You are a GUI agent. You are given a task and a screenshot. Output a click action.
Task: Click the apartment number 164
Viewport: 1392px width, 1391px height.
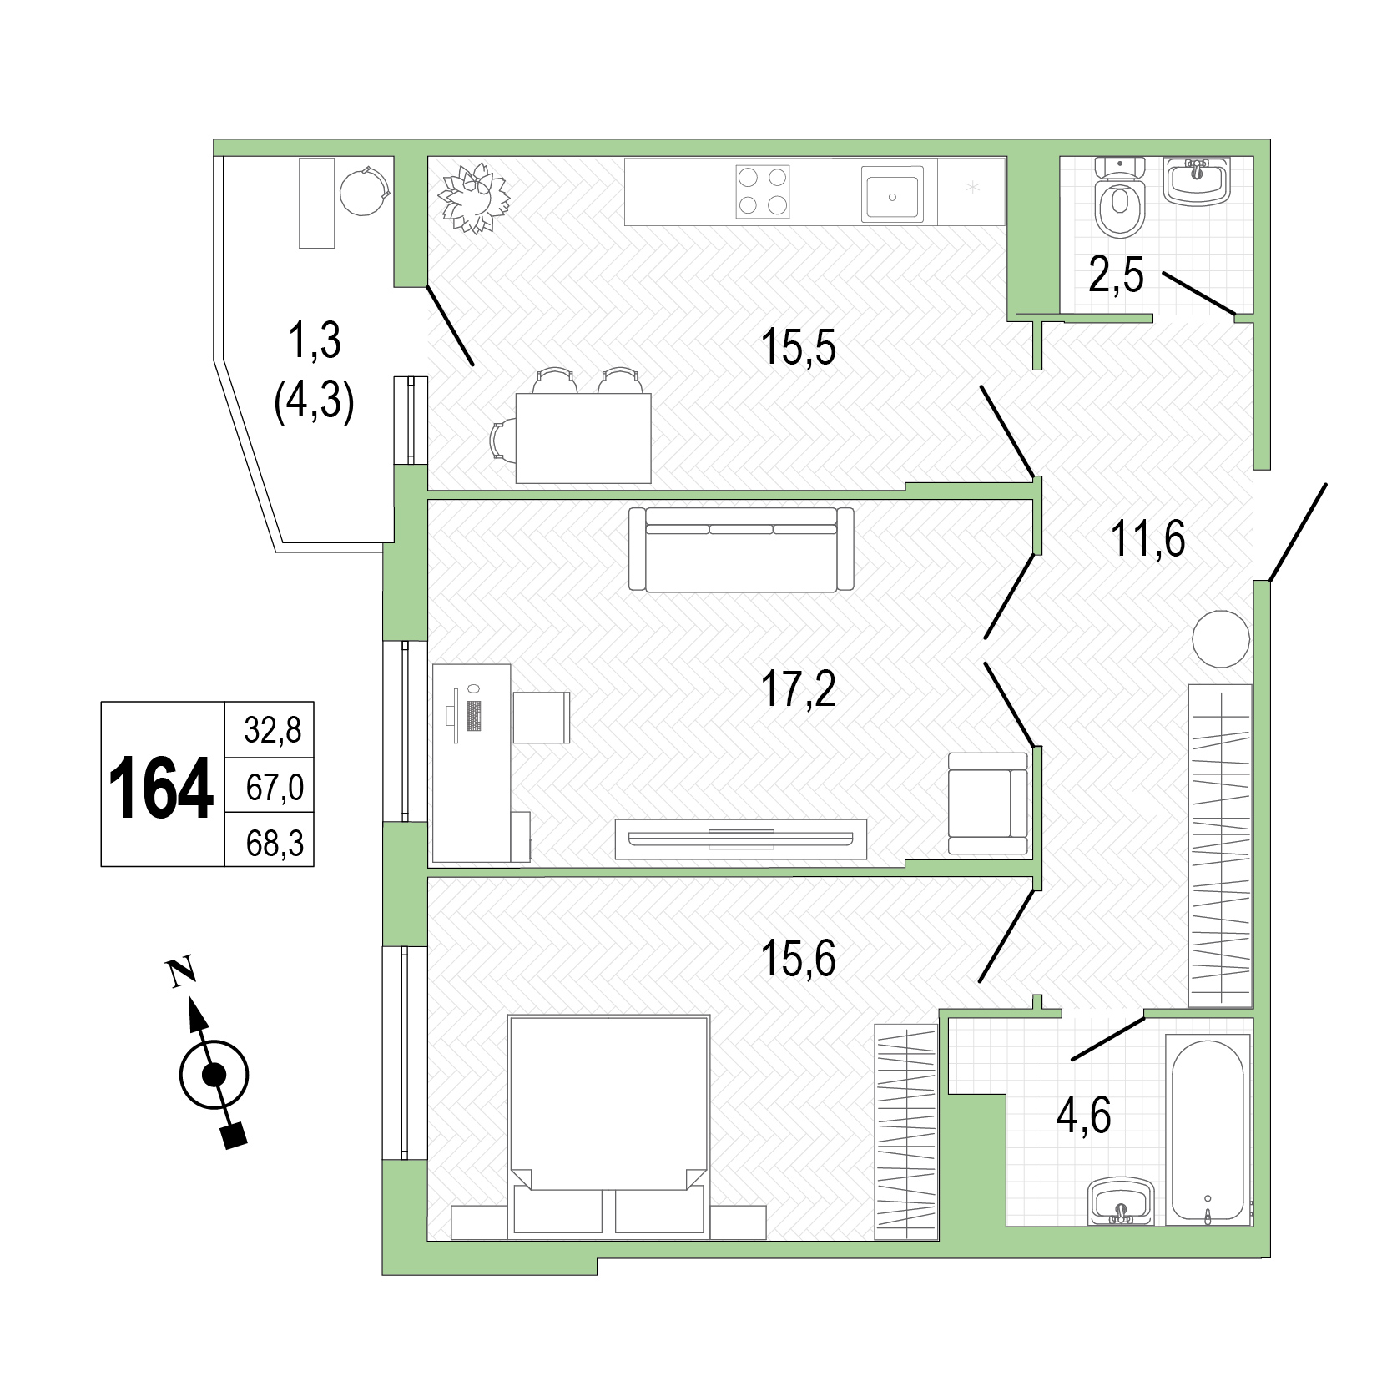coord(162,787)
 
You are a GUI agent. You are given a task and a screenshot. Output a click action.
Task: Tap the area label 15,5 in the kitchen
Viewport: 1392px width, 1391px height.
coord(798,347)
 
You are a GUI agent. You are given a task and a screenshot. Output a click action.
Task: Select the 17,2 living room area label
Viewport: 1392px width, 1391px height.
coord(798,688)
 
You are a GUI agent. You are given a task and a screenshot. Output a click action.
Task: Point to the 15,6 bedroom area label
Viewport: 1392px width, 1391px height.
coord(798,959)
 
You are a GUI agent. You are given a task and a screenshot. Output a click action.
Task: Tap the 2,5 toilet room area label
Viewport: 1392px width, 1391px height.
coord(1115,275)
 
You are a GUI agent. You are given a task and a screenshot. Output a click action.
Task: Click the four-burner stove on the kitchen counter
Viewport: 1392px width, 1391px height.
coord(763,192)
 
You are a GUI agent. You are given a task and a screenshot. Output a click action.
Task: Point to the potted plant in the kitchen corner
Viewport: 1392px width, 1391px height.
coord(474,198)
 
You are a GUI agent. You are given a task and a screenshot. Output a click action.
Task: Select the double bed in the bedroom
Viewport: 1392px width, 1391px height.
coord(608,1125)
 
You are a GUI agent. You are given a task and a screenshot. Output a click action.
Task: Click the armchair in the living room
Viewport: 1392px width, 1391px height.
coord(988,804)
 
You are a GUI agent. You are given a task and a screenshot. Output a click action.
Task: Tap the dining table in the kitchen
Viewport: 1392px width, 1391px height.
coord(583,438)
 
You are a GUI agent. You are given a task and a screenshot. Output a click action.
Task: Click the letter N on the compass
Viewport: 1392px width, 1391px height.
coord(181,973)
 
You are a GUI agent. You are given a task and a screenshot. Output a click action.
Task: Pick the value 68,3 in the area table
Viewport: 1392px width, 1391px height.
coord(275,844)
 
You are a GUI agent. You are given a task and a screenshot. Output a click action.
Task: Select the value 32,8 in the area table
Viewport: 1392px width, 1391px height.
coord(273,730)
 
